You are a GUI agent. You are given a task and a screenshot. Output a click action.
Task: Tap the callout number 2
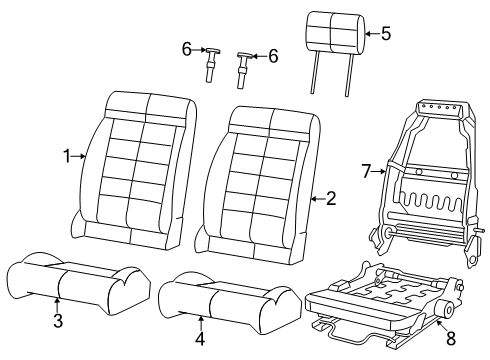pos(331,199)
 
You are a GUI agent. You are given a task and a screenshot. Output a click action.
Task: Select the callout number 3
pos(57,320)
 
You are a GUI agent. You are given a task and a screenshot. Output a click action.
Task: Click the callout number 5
pos(386,33)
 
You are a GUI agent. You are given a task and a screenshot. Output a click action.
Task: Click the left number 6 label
pos(186,48)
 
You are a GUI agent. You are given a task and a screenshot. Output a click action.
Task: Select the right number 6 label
pos(273,56)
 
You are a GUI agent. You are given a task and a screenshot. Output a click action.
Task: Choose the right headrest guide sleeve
pos(244,69)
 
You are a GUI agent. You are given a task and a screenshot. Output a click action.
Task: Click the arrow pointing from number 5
pos(369,33)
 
